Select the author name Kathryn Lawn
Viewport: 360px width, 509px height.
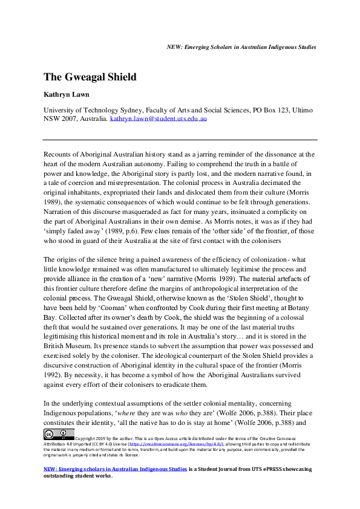click(69, 95)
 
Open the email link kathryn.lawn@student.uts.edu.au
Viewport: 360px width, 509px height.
click(159, 119)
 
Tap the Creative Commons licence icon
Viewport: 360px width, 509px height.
click(59, 434)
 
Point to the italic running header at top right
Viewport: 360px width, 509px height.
click(241, 47)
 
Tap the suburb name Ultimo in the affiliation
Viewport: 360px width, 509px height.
click(302, 110)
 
